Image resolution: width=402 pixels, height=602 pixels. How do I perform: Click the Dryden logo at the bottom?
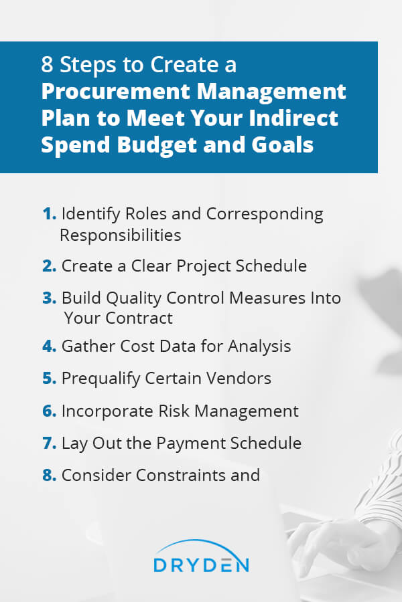click(x=201, y=557)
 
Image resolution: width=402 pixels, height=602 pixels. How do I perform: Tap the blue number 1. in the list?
click(x=49, y=214)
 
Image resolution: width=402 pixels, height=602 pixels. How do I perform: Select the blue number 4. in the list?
click(x=49, y=346)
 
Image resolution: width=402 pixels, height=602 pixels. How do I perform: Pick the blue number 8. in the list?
click(x=49, y=476)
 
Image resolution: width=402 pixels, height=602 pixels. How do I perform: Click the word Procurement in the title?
click(x=116, y=92)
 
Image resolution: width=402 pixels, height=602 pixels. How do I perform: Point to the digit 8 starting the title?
click(x=47, y=64)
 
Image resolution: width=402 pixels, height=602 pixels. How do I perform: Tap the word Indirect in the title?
click(x=293, y=118)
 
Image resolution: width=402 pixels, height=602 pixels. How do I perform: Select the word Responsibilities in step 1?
click(x=121, y=235)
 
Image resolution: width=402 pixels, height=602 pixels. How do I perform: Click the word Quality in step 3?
click(x=133, y=299)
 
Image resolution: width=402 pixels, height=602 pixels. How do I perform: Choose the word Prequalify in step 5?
click(x=100, y=379)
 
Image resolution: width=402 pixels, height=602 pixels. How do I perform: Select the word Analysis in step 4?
click(x=259, y=346)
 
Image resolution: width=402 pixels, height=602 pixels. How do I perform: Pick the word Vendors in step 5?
click(x=239, y=378)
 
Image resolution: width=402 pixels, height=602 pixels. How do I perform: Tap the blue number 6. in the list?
click(x=49, y=411)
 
